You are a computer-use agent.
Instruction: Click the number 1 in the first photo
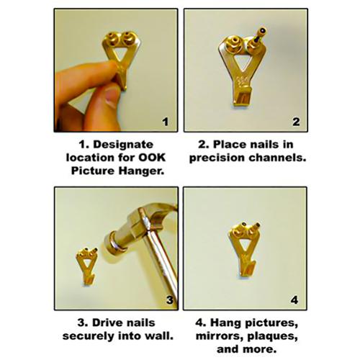(x=166, y=122)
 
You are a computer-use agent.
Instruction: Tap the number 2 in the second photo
(x=296, y=122)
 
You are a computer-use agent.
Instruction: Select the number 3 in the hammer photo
(x=170, y=300)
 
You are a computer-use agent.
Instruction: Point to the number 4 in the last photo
(x=294, y=300)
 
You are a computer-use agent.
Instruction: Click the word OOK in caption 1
(x=152, y=158)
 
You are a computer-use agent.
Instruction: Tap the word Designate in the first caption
(x=123, y=145)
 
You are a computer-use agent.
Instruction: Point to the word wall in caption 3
(x=160, y=336)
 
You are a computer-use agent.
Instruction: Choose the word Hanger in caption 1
(x=142, y=171)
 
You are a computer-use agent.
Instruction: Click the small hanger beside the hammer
(x=86, y=266)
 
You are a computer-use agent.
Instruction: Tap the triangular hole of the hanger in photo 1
(x=120, y=53)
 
